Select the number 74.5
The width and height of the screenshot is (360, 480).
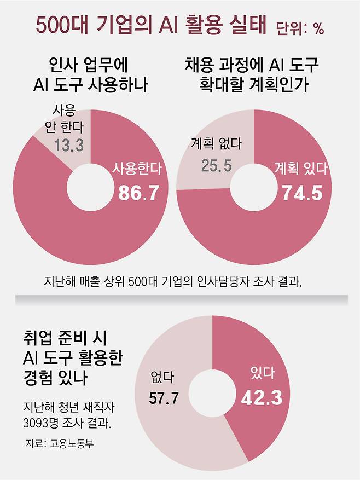pyautogui.click(x=302, y=193)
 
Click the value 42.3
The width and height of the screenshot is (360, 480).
pyautogui.click(x=262, y=397)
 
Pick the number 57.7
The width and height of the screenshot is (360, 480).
pyautogui.click(x=164, y=398)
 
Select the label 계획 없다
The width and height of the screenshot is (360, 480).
pyautogui.click(x=216, y=143)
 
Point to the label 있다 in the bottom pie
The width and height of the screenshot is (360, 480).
pyautogui.click(x=262, y=374)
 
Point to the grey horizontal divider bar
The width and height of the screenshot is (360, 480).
pyautogui.click(x=181, y=299)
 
